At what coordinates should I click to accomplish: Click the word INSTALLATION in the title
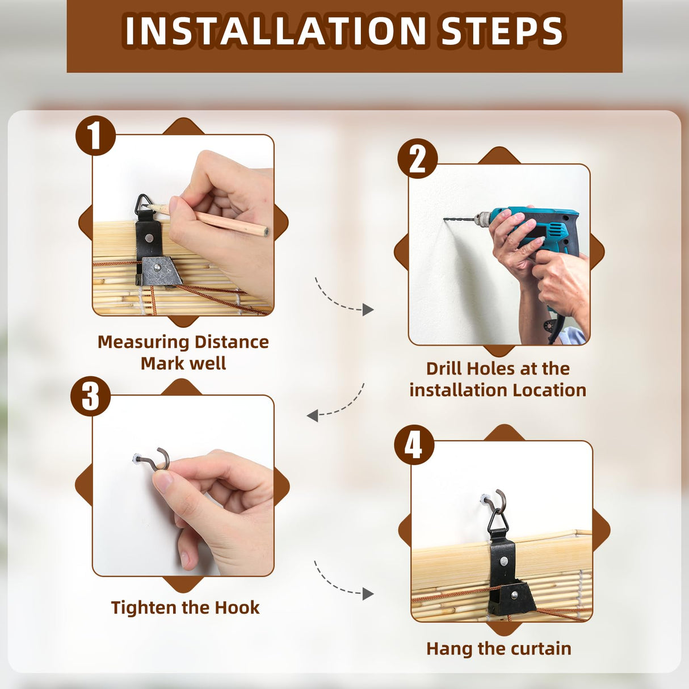pyautogui.click(x=275, y=31)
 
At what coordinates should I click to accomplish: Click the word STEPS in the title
pyautogui.click(x=501, y=31)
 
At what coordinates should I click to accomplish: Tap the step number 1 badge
pyautogui.click(x=95, y=136)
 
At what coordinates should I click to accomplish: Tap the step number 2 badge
pyautogui.click(x=418, y=158)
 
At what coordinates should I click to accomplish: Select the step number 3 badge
pyautogui.click(x=90, y=396)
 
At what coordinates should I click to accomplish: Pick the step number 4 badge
pyautogui.click(x=414, y=444)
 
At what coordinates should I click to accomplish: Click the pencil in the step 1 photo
pyautogui.click(x=207, y=219)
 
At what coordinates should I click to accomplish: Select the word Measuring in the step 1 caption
pyautogui.click(x=143, y=342)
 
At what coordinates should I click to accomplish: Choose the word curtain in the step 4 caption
pyautogui.click(x=540, y=648)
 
